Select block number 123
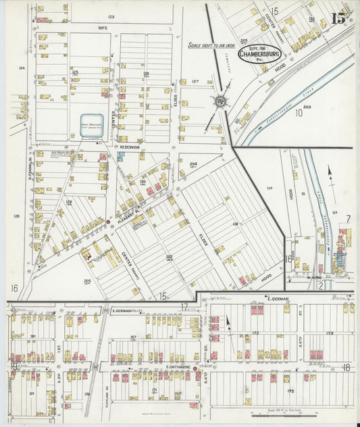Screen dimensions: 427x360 110,16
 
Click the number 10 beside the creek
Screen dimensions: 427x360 298,114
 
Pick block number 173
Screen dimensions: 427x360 330,332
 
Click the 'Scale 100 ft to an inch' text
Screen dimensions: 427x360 211,45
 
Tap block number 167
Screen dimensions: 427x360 133,336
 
